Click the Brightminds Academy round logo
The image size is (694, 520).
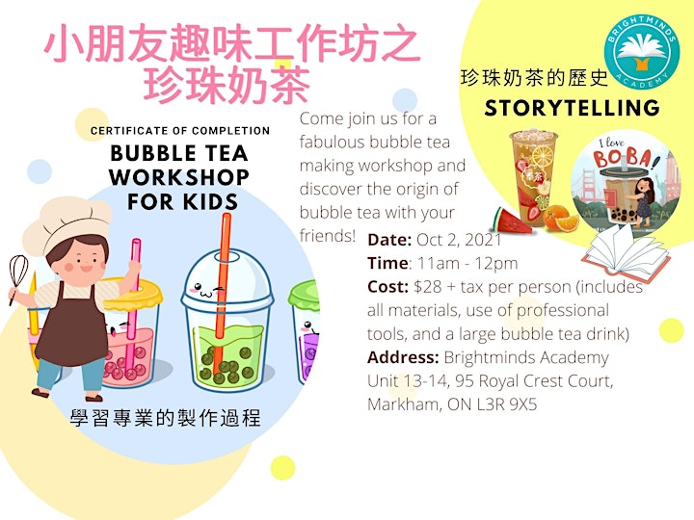click(x=642, y=53)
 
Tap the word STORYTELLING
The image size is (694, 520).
click(x=572, y=108)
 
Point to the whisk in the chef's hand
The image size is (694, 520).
click(x=17, y=278)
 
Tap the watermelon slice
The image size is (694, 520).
click(x=512, y=221)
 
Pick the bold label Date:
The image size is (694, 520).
click(x=389, y=240)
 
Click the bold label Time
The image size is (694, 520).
click(x=387, y=263)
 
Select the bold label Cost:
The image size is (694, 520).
click(x=387, y=287)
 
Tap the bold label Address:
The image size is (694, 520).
click(x=403, y=357)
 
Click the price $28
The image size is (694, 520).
click(x=428, y=287)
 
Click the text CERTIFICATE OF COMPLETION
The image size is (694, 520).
click(x=180, y=131)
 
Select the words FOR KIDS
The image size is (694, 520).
click(x=182, y=201)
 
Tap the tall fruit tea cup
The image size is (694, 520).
click(x=533, y=177)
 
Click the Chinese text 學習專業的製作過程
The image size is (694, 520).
click(x=165, y=418)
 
